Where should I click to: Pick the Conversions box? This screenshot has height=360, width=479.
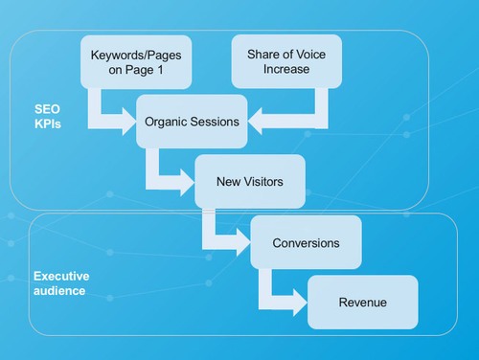tap(306, 243)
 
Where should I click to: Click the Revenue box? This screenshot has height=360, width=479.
tap(362, 303)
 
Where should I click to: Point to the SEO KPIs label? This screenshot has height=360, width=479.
tap(47, 118)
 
